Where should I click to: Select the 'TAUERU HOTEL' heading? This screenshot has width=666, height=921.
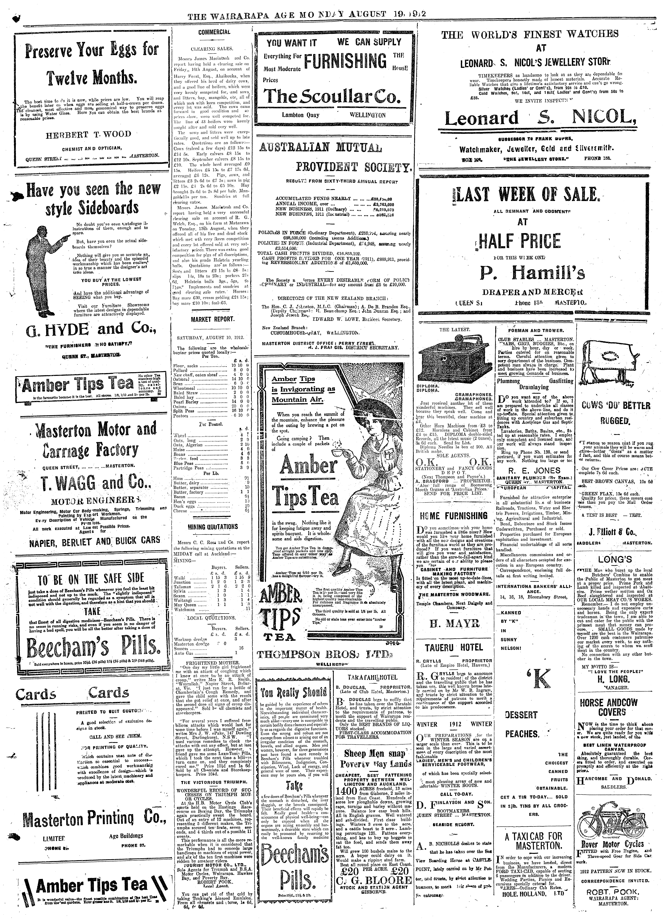454,647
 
